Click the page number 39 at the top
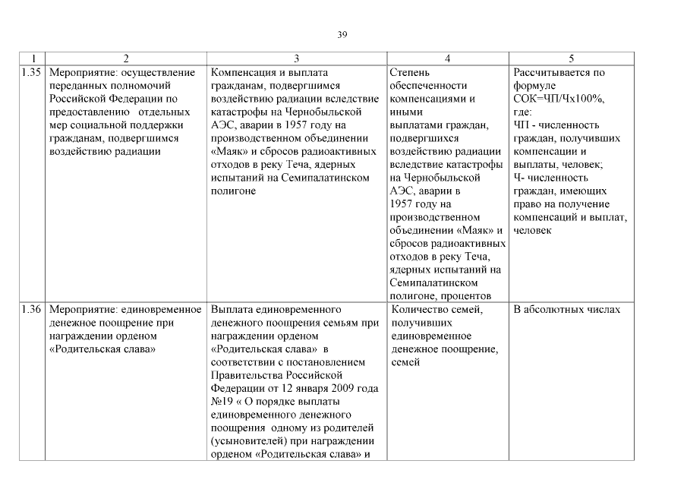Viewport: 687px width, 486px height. tap(342, 33)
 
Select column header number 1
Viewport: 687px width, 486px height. tap(32, 58)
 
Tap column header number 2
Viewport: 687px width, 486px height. tap(125, 58)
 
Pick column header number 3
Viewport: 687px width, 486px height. tap(296, 58)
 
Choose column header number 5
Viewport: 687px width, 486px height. tap(571, 58)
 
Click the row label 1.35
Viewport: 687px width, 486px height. tap(32, 73)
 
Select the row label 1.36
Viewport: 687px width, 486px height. tap(32, 310)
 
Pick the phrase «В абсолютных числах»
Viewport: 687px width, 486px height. tap(567, 310)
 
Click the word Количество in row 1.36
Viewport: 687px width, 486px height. tap(419, 310)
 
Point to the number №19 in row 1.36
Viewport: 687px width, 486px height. tap(221, 402)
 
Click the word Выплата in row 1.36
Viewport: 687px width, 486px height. tap(233, 310)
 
